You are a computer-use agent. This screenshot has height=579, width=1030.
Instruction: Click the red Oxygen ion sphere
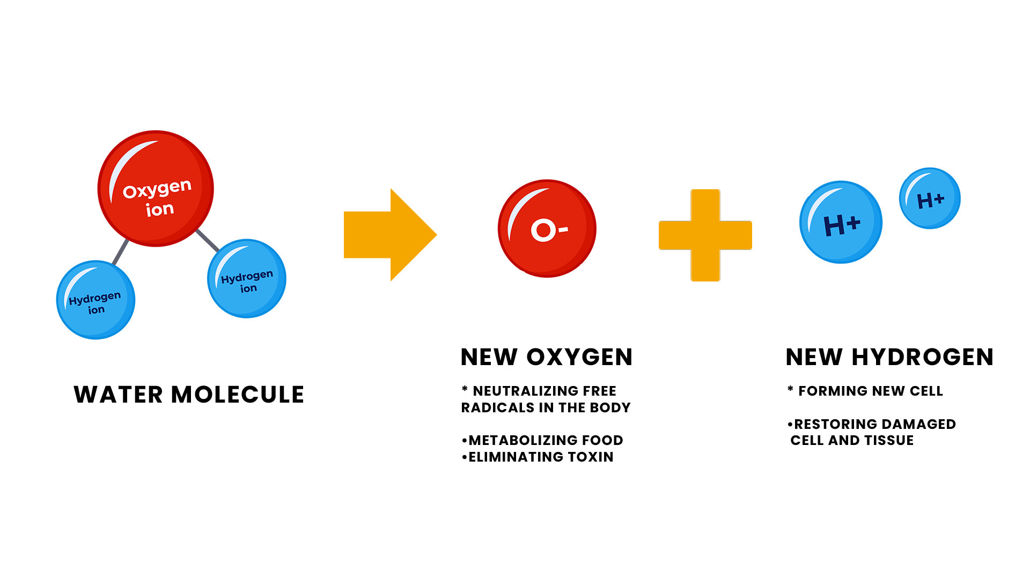tap(156, 189)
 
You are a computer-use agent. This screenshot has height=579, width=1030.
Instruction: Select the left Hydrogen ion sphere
tap(96, 300)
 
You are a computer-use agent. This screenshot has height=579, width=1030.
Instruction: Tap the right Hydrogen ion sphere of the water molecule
tap(247, 278)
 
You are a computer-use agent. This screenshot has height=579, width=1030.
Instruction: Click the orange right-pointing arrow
tap(391, 235)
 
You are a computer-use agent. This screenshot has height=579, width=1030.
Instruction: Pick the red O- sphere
tap(547, 228)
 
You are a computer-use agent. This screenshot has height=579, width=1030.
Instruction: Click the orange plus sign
tap(705, 235)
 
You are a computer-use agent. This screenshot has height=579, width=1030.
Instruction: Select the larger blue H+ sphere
tap(841, 222)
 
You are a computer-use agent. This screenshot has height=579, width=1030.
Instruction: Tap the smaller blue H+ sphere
tap(930, 198)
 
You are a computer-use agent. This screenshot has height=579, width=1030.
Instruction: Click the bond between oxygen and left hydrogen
tap(121, 251)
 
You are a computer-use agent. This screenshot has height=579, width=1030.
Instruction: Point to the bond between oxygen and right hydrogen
tap(208, 241)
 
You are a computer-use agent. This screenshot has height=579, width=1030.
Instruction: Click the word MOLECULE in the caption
tap(238, 395)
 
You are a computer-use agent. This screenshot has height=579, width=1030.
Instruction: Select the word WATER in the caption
tap(118, 395)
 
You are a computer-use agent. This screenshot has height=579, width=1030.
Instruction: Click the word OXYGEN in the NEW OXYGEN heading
tap(579, 357)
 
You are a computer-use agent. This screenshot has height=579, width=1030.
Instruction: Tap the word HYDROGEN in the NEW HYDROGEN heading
tap(923, 357)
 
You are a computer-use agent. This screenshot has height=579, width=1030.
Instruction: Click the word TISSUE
tap(889, 440)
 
